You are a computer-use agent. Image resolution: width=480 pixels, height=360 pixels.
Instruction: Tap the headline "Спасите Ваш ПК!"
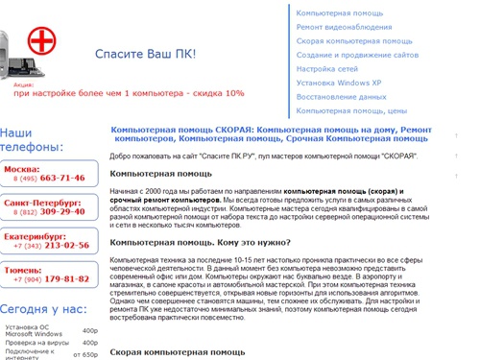(x=146, y=54)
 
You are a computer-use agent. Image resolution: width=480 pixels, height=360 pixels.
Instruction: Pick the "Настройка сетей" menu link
(x=329, y=69)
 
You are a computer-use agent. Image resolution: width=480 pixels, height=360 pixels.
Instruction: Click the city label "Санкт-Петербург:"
(x=37, y=202)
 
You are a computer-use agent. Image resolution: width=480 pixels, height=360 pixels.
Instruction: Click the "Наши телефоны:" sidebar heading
(x=33, y=140)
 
